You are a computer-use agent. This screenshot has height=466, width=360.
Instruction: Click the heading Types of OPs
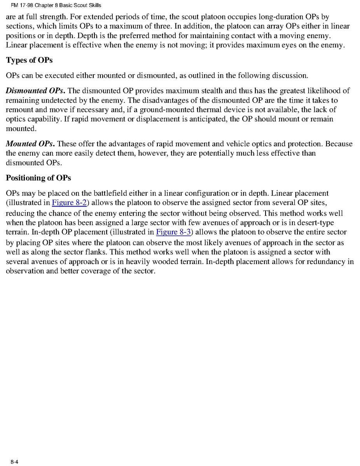(29, 60)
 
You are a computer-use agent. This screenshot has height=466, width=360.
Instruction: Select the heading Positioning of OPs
(38, 178)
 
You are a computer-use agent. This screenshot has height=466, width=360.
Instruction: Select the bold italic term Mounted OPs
(30, 144)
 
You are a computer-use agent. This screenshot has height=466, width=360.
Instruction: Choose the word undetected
(56, 100)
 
